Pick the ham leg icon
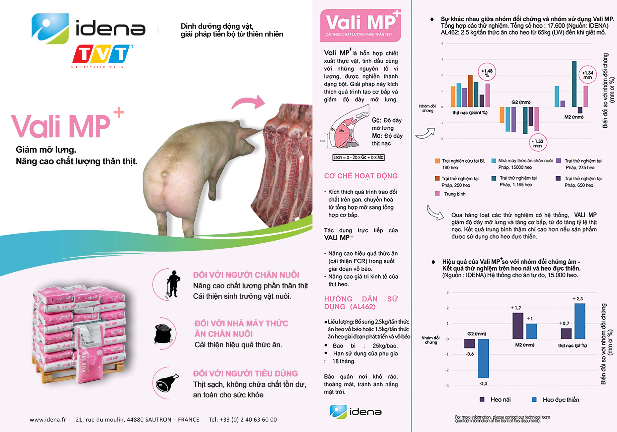(167, 383)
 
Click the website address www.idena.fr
(48, 420)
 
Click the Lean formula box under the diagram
(358, 157)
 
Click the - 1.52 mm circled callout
(538, 143)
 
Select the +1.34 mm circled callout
(587, 74)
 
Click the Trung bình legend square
(437, 194)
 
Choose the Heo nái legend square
(482, 399)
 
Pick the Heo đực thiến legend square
(534, 399)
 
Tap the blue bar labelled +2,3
(580, 321)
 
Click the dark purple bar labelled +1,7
(517, 326)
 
